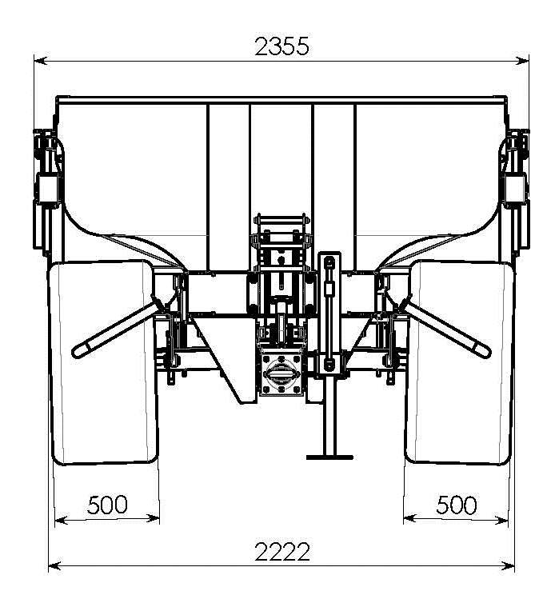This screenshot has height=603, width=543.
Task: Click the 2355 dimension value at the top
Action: (x=281, y=46)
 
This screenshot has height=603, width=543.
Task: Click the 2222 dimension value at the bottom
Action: (x=282, y=552)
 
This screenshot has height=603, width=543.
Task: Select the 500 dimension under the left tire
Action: (x=107, y=505)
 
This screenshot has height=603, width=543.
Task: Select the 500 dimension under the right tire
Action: (x=457, y=505)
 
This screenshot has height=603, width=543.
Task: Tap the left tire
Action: (x=103, y=362)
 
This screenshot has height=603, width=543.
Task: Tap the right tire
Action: (x=460, y=362)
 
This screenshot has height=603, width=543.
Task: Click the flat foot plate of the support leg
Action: (x=329, y=457)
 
